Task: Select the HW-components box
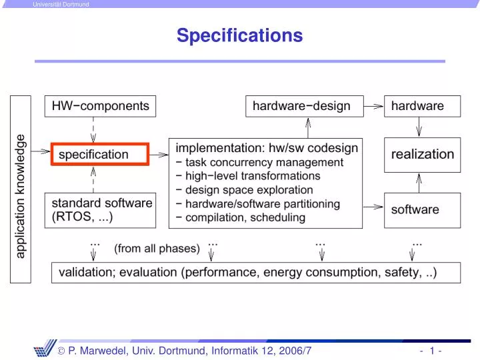(101, 105)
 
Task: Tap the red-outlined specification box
(100, 154)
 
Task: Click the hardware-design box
(301, 105)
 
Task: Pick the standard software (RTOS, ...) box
(101, 209)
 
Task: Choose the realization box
(422, 155)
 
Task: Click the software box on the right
(422, 209)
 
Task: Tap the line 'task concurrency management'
(264, 162)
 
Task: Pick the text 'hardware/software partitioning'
(262, 203)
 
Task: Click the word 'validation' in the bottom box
(81, 273)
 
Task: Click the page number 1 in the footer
(433, 351)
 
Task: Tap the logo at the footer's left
(46, 351)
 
